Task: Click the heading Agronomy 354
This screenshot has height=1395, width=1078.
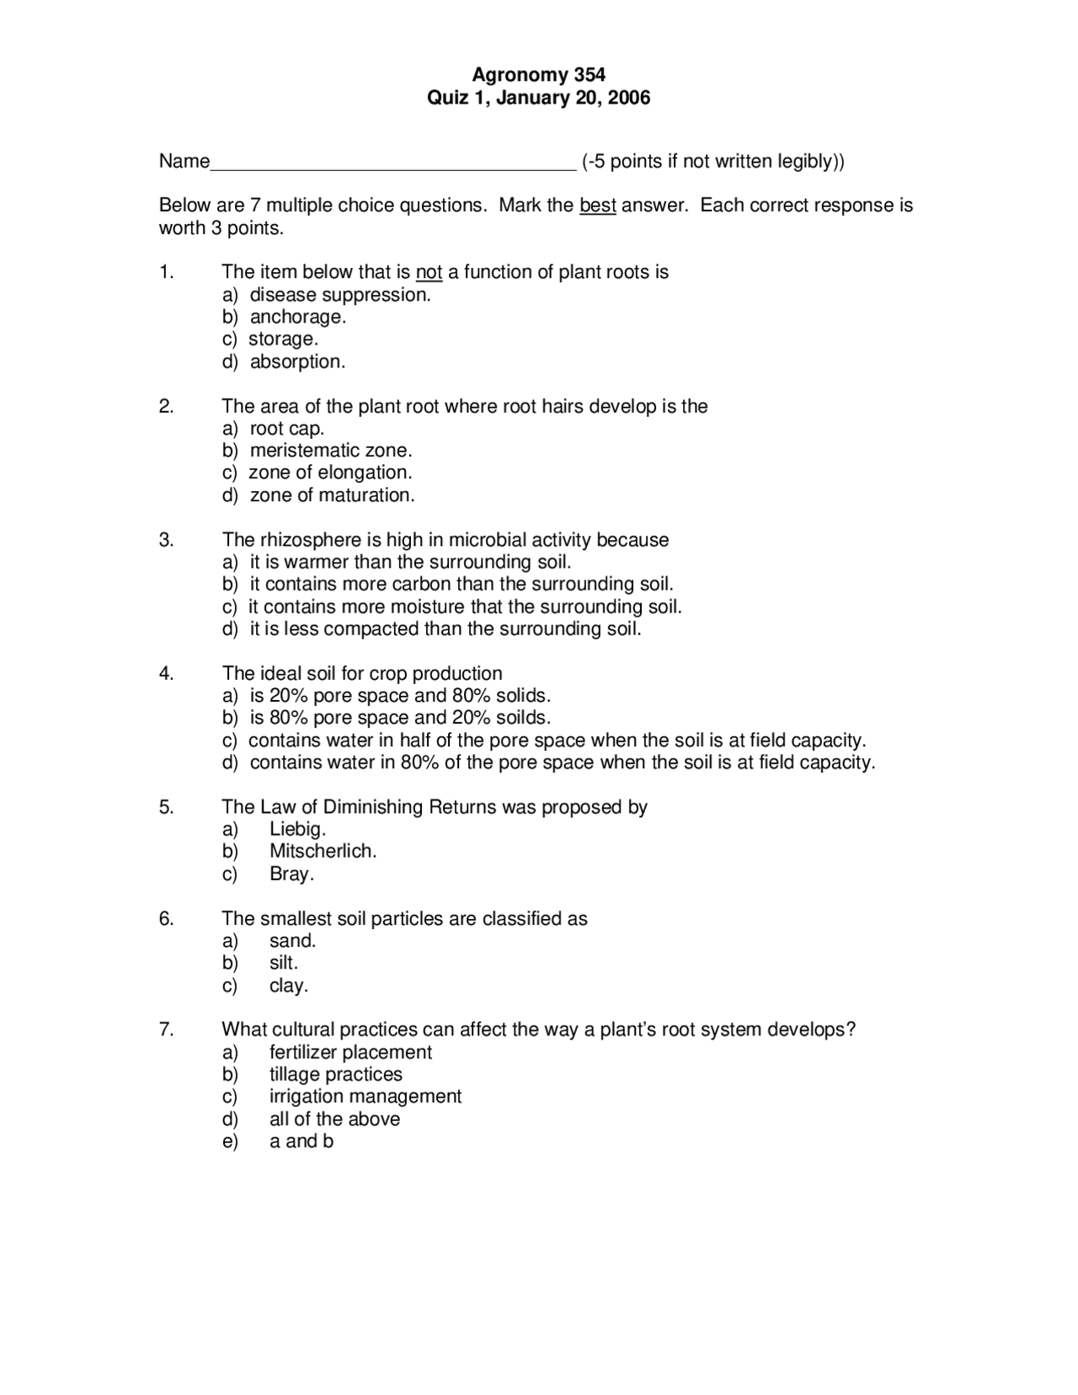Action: pyautogui.click(x=538, y=75)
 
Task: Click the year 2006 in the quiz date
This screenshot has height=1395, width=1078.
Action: pyautogui.click(x=629, y=98)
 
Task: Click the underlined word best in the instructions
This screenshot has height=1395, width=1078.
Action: pyautogui.click(x=597, y=206)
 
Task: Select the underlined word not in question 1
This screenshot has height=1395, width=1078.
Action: pyautogui.click(x=429, y=272)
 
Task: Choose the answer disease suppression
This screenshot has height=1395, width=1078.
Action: pyautogui.click(x=339, y=295)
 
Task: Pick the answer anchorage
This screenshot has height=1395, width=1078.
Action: pyautogui.click(x=297, y=317)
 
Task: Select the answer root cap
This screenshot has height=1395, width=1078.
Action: pyautogui.click(x=286, y=428)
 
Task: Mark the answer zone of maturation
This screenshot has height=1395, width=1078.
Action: pyautogui.click(x=332, y=495)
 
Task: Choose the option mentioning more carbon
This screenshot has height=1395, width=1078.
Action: pyautogui.click(x=461, y=584)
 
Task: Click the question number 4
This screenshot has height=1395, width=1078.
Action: pyautogui.click(x=166, y=673)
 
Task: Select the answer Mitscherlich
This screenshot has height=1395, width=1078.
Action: pyautogui.click(x=323, y=851)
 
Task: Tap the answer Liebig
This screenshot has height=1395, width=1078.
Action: pyautogui.click(x=297, y=829)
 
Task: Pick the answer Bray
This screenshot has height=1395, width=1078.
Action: pyautogui.click(x=291, y=874)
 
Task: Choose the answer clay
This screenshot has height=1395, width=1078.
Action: pyautogui.click(x=289, y=986)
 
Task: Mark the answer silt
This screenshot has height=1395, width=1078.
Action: pyautogui.click(x=284, y=963)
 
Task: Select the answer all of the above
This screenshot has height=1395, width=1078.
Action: pyautogui.click(x=334, y=1119)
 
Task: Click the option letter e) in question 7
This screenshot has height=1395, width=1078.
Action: pyautogui.click(x=230, y=1141)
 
